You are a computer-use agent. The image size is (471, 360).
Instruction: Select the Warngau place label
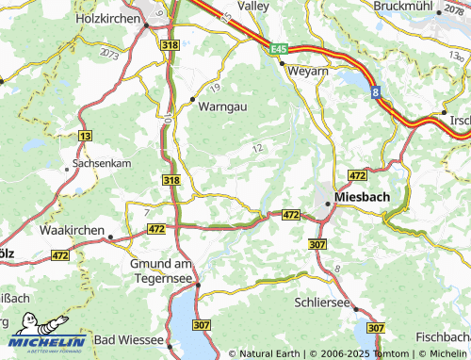pyautogui.click(x=222, y=106)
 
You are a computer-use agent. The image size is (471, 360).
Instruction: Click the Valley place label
pyautogui.click(x=252, y=6)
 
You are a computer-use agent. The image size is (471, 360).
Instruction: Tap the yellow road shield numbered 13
pyautogui.click(x=86, y=137)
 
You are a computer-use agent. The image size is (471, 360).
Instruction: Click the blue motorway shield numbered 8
pyautogui.click(x=375, y=91)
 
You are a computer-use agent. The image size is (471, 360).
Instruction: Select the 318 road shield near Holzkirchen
pyautogui.click(x=170, y=44)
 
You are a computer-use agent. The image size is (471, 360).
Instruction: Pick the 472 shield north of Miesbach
pyautogui.click(x=357, y=176)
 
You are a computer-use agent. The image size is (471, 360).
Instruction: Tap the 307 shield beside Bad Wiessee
pyautogui.click(x=201, y=325)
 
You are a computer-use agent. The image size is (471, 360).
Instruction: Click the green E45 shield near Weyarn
pyautogui.click(x=277, y=47)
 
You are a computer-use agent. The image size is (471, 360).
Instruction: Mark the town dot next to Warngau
pyautogui.click(x=192, y=98)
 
